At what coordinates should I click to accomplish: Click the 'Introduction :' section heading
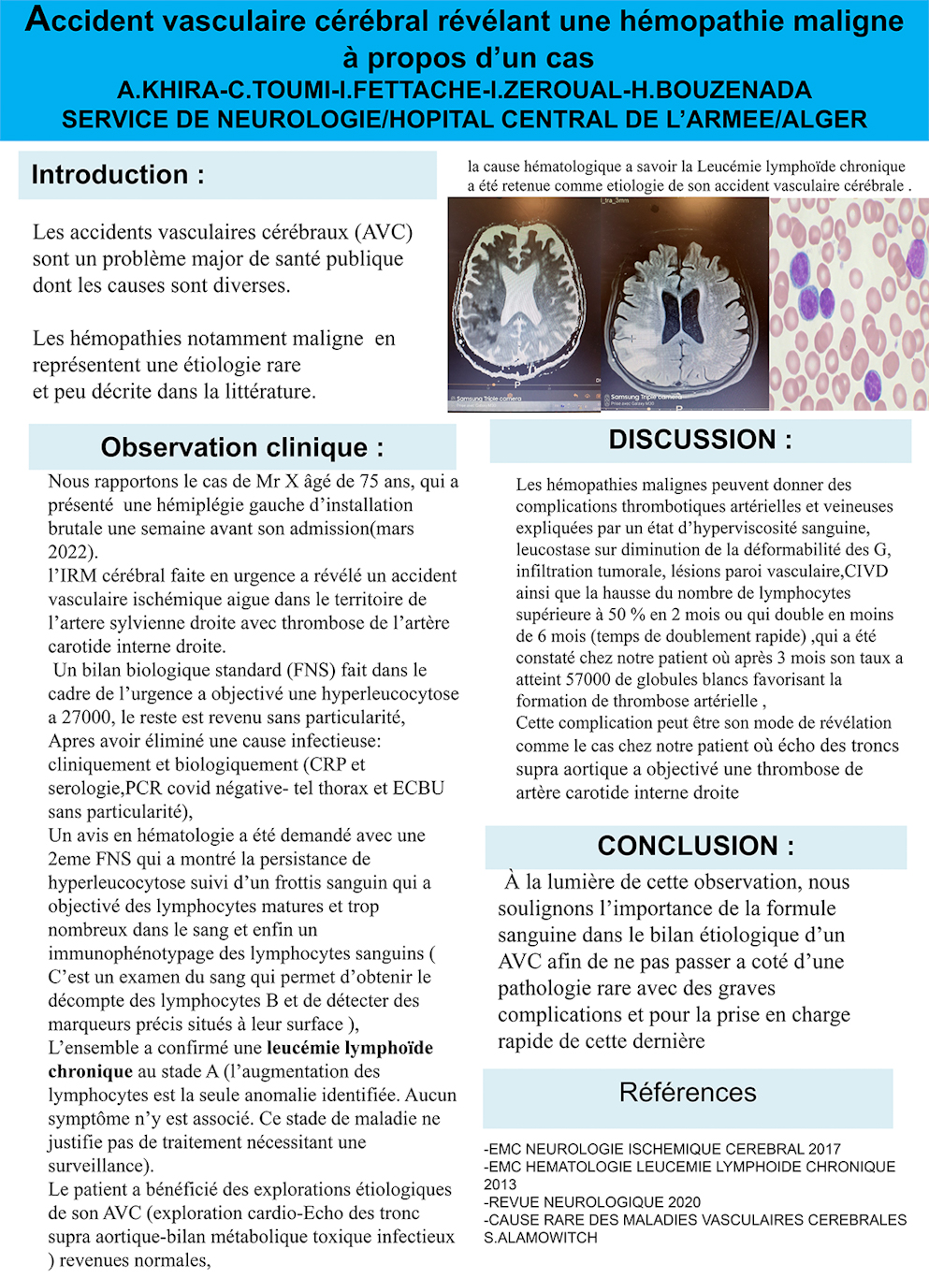click(x=118, y=175)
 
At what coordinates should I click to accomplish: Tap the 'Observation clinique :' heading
click(x=241, y=447)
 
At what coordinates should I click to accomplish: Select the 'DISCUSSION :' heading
click(x=700, y=440)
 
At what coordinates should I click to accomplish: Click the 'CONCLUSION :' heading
click(x=695, y=846)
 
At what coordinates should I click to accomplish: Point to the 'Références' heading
click(x=688, y=1093)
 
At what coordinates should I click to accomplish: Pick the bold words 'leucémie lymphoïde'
click(x=350, y=1048)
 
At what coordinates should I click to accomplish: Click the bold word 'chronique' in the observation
click(x=91, y=1071)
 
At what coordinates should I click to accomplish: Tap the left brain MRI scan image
click(x=524, y=304)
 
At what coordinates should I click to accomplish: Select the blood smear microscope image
click(x=849, y=304)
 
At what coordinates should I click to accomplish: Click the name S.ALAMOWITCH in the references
click(x=541, y=1238)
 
